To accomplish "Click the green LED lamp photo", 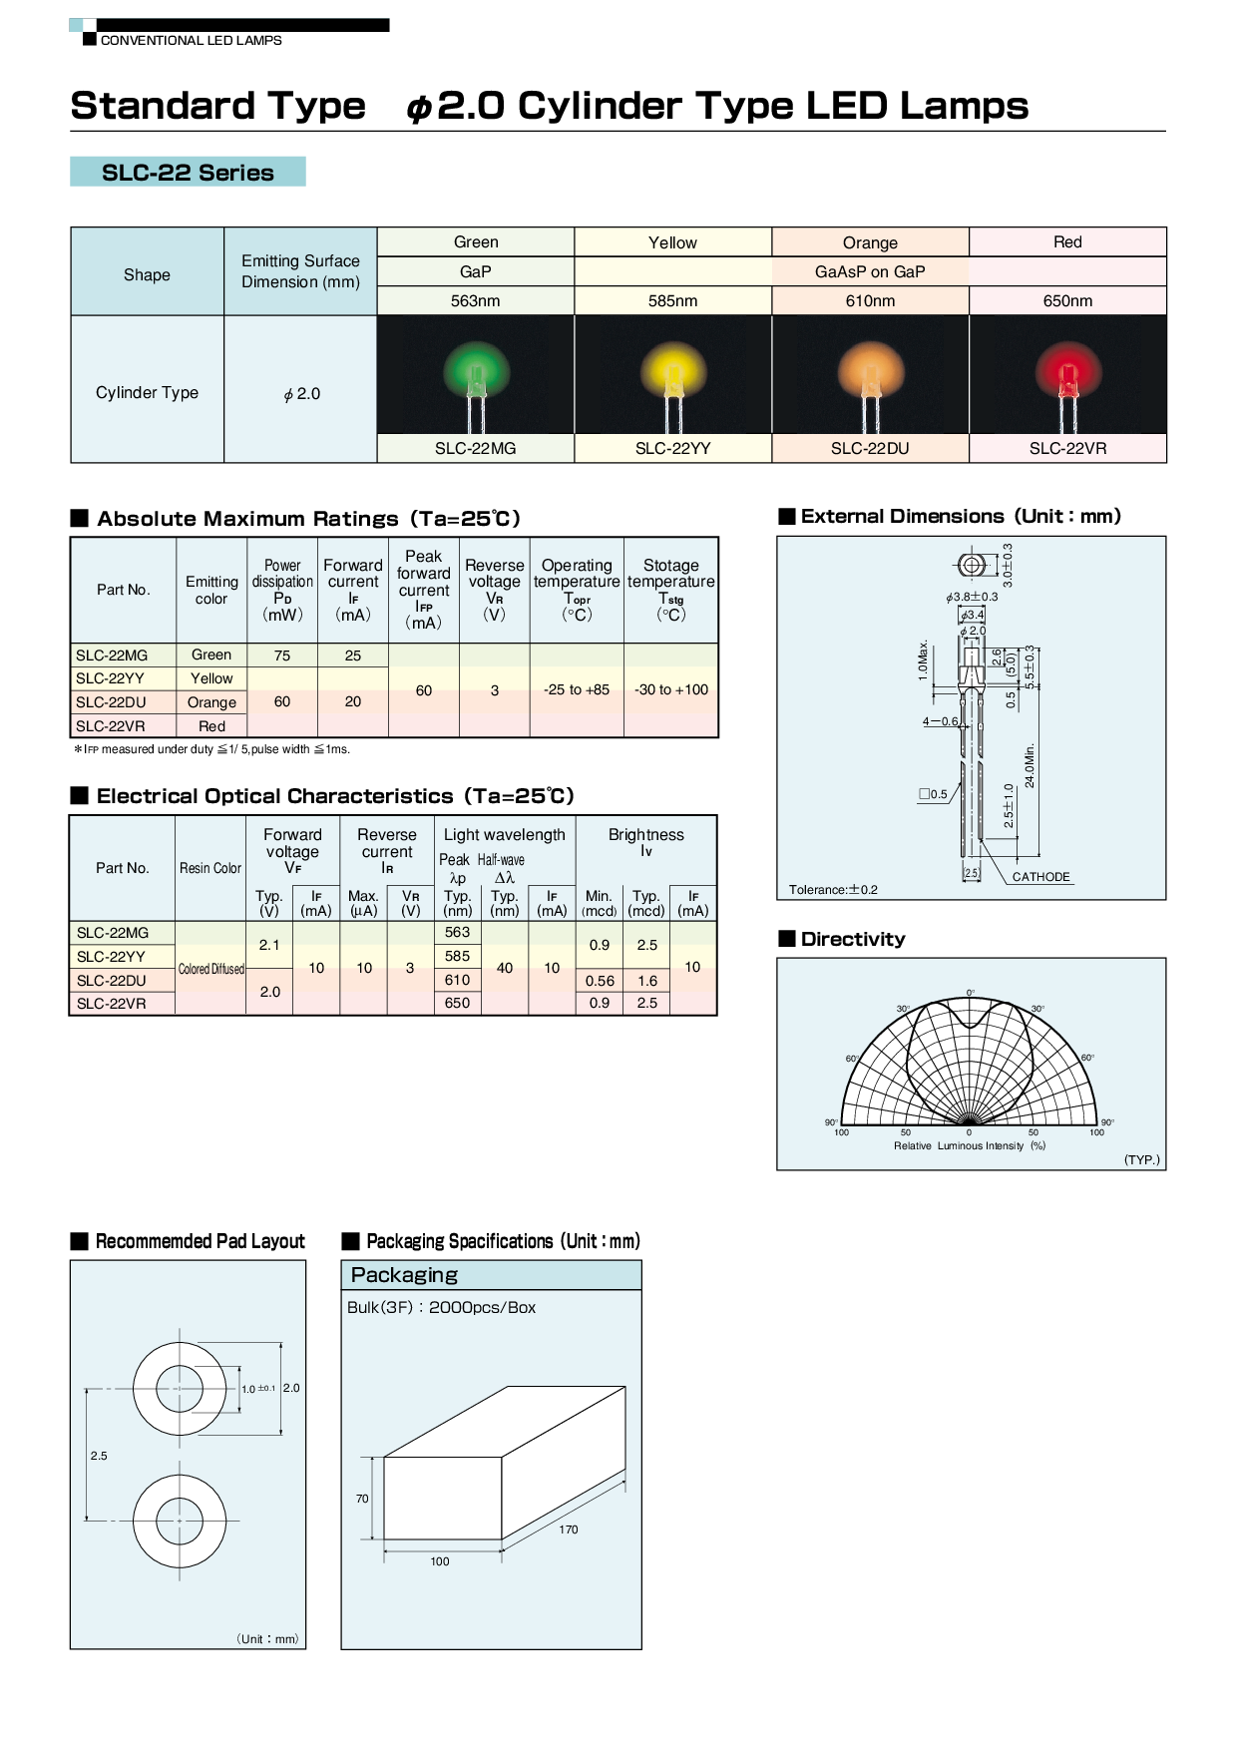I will click(x=476, y=374).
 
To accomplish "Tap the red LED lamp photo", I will click(x=1067, y=374).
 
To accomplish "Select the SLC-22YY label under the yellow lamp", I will click(x=672, y=449).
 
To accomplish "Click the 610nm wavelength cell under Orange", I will click(x=870, y=301).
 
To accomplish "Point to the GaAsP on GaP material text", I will click(x=870, y=271).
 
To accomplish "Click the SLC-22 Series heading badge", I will click(x=188, y=172).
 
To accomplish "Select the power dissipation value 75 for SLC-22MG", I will click(x=282, y=656).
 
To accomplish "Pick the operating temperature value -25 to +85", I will click(x=577, y=689).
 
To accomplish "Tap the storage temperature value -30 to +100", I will click(x=671, y=689).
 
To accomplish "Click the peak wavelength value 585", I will click(x=457, y=956).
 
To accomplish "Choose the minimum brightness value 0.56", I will click(x=600, y=981).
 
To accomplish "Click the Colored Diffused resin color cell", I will click(x=211, y=969).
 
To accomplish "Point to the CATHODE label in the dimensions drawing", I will click(x=1040, y=877).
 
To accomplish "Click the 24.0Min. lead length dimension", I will click(x=1030, y=765).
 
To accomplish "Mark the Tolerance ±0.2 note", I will click(x=833, y=890).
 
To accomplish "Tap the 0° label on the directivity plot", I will click(x=970, y=993).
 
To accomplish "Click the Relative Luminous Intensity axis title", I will click(x=969, y=1146).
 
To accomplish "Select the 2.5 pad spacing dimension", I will click(x=99, y=1456).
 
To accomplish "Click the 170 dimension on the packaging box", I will click(x=569, y=1530).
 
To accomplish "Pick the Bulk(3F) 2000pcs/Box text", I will click(x=441, y=1308).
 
